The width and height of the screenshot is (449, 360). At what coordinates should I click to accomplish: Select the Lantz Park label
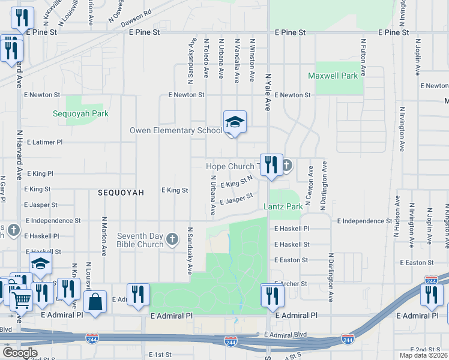283,206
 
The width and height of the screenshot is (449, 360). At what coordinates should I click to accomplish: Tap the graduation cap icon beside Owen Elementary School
235,122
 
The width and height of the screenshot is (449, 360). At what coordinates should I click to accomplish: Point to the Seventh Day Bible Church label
140,240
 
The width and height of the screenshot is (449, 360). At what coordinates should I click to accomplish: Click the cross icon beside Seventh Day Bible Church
172,240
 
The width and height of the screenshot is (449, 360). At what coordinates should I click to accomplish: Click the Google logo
20,353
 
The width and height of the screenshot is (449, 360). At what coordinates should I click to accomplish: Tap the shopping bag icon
95,302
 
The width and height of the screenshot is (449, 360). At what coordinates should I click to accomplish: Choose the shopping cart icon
22,298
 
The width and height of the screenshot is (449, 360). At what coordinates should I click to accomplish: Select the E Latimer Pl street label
43,142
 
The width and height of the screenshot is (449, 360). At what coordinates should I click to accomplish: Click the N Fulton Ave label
363,58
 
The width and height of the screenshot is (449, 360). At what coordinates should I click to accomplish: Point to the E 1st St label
160,355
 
